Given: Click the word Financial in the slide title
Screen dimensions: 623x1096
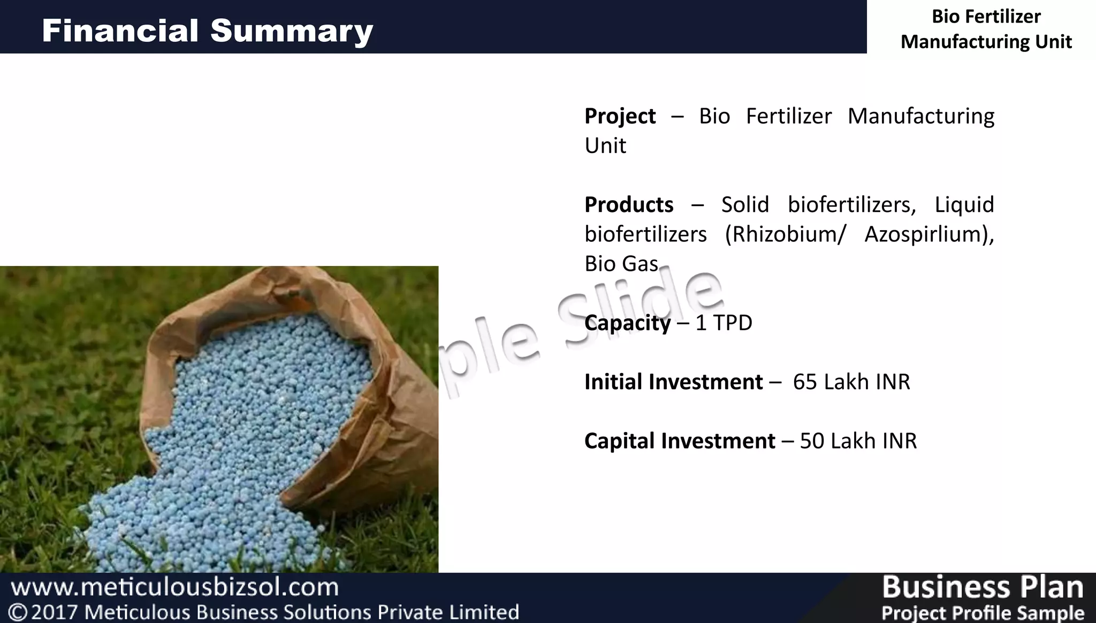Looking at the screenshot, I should click(120, 31).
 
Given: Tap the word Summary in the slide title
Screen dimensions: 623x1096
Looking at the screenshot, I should click(292, 31).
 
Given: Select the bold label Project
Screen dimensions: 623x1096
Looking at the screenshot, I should click(620, 116).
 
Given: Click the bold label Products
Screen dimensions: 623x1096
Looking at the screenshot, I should click(629, 204).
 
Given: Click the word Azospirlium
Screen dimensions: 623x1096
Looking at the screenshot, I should click(929, 234).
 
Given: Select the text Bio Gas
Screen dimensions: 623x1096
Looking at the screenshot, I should click(621, 264).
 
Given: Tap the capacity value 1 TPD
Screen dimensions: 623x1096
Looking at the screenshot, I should click(724, 323).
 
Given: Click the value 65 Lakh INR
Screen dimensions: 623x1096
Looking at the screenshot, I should click(851, 382).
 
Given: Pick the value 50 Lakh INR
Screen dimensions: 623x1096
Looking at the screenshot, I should click(858, 441).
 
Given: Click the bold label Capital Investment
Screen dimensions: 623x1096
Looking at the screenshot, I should click(680, 441).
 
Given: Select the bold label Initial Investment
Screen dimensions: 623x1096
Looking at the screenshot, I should click(673, 382).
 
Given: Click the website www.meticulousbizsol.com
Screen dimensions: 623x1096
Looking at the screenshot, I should click(175, 587).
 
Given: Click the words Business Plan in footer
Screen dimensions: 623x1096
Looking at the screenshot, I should click(982, 587).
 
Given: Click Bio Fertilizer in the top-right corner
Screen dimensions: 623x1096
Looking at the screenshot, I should click(986, 17).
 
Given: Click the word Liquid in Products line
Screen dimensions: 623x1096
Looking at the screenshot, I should click(964, 204).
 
